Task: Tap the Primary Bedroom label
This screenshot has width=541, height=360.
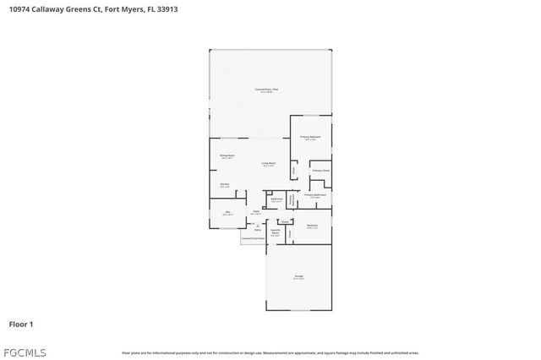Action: (x=310, y=137)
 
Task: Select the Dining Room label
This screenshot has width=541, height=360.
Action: (x=227, y=156)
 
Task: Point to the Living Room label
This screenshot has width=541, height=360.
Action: (x=268, y=164)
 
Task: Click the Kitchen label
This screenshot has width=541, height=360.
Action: (x=225, y=184)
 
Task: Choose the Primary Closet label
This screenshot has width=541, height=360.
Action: (x=320, y=171)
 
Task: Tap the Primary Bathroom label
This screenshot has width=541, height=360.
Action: (x=315, y=195)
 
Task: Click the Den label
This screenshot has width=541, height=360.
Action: (x=227, y=212)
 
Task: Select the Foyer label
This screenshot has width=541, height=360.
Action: (x=255, y=212)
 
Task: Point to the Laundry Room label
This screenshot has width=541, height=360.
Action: (x=275, y=231)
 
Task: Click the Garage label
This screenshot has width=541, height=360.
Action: (x=298, y=276)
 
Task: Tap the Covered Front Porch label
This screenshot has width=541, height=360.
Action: (x=253, y=238)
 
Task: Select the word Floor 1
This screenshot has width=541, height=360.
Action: (x=21, y=324)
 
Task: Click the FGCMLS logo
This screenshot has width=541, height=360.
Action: (x=25, y=352)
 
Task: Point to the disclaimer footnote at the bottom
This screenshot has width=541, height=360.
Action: (x=270, y=352)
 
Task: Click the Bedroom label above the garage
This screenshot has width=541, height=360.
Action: (x=312, y=226)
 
